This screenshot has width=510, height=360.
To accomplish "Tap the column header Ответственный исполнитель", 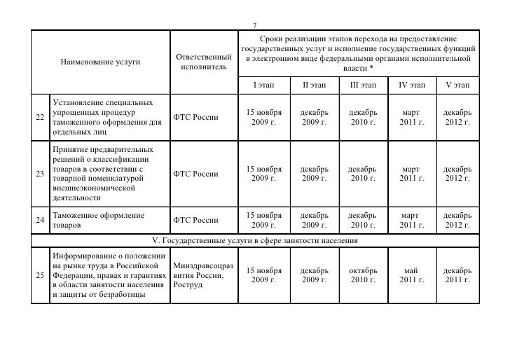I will pyautogui.click(x=203, y=61).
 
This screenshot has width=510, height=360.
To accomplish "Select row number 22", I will pyautogui.click(x=40, y=117).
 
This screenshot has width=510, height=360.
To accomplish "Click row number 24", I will pyautogui.click(x=40, y=221).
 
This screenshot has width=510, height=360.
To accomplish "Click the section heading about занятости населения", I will pyautogui.click(x=255, y=241).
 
